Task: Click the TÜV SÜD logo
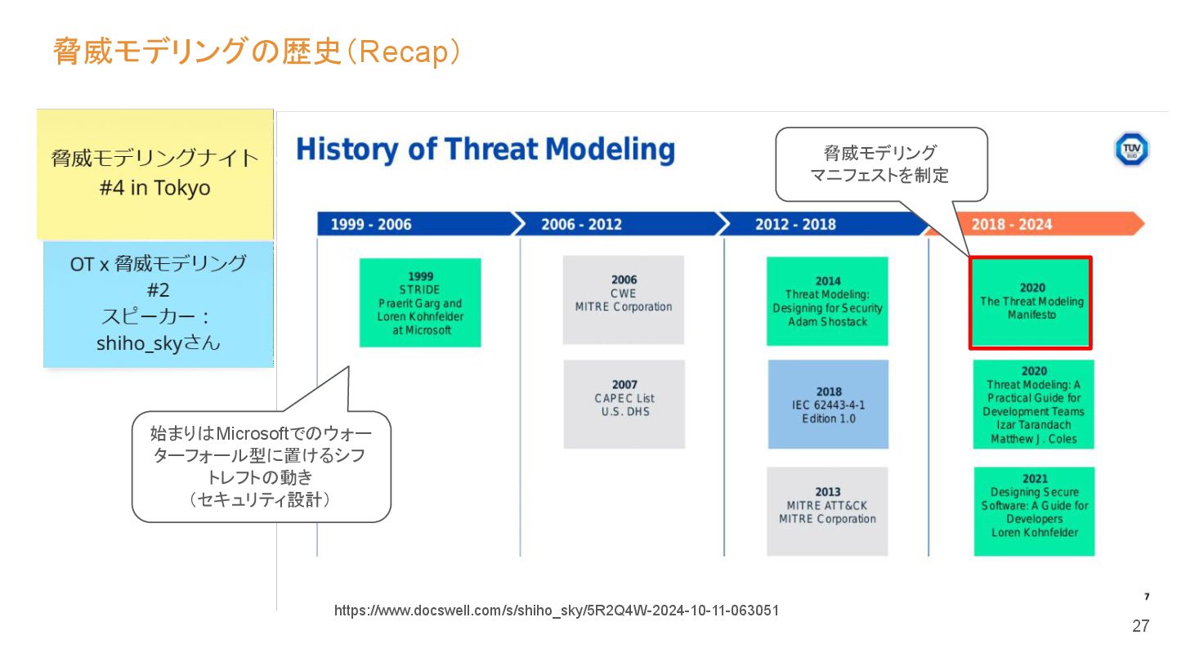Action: [x=1131, y=150]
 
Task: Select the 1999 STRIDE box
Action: [x=420, y=302]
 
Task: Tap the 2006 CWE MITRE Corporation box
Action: [x=623, y=299]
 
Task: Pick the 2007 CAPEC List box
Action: [x=624, y=404]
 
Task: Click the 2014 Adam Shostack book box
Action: [x=827, y=301]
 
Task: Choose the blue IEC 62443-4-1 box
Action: [x=828, y=404]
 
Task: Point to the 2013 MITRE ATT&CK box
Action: [x=827, y=511]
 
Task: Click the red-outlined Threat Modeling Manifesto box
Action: [x=1032, y=302]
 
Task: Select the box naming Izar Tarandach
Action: [x=1033, y=405]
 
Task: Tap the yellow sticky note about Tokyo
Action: [x=154, y=173]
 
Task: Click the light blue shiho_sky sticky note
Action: [x=158, y=303]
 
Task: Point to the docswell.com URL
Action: [x=556, y=611]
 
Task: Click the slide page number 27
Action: [x=1140, y=626]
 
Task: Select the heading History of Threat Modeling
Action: [x=486, y=150]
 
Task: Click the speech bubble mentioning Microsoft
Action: [x=261, y=466]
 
